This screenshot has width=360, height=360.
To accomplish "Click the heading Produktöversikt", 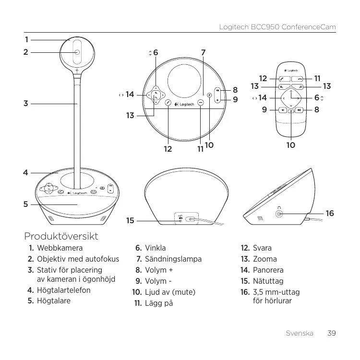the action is (x=61, y=236).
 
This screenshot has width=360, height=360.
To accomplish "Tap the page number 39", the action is (x=331, y=333).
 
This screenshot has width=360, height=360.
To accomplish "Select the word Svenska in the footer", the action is (x=300, y=333).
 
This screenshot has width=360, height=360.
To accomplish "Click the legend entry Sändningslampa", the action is (x=173, y=259).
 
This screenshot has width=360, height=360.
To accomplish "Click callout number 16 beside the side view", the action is (x=330, y=213).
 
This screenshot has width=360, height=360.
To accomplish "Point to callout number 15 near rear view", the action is (x=130, y=221).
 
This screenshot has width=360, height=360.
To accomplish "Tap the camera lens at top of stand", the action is (x=77, y=52).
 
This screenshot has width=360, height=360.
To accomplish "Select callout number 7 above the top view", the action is (x=204, y=52).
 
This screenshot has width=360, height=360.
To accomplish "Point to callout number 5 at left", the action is (x=26, y=204).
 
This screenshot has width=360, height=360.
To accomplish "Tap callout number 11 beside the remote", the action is (x=317, y=78).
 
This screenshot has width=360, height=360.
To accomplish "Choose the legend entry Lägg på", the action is (x=158, y=303).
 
